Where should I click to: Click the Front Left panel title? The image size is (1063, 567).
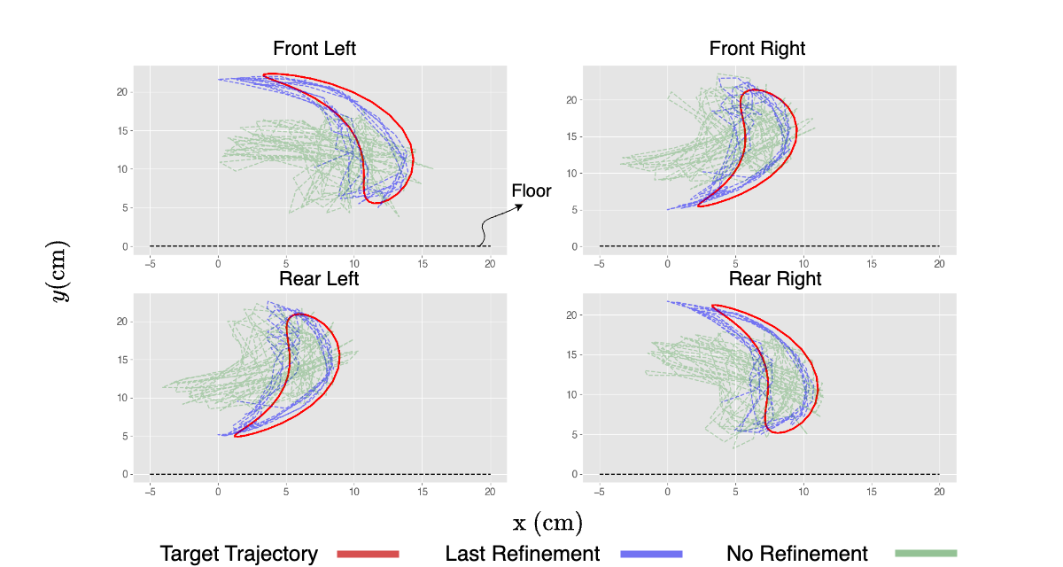click(x=314, y=49)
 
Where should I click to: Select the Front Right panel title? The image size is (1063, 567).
click(x=757, y=49)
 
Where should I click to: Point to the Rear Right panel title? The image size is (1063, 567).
click(x=775, y=279)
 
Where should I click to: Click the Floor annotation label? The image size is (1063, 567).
click(x=531, y=190)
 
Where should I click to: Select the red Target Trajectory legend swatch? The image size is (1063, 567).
click(x=369, y=555)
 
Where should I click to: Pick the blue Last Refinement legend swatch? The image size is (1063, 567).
click(x=651, y=555)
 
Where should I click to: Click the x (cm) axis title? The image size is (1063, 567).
click(x=547, y=524)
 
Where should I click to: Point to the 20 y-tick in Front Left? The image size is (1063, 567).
click(x=121, y=92)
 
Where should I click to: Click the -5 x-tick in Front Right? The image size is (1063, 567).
click(x=600, y=263)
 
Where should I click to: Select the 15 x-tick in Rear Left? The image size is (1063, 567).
click(x=422, y=492)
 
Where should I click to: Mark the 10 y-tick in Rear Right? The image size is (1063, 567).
click(x=570, y=394)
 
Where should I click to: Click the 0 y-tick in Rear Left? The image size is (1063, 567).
click(x=124, y=474)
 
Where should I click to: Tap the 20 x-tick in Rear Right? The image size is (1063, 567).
click(x=939, y=492)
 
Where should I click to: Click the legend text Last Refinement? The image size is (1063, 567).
click(x=523, y=555)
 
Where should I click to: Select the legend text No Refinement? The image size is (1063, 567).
click(x=797, y=555)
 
